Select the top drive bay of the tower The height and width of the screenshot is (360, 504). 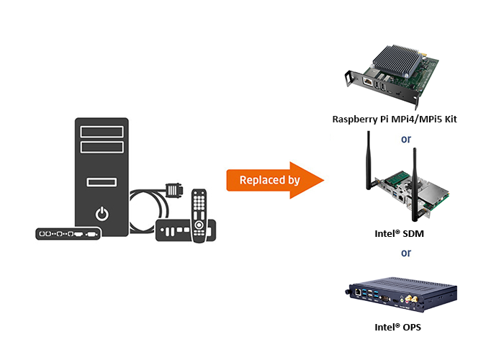click(x=102, y=132)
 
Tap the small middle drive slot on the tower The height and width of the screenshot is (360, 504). click(x=102, y=181)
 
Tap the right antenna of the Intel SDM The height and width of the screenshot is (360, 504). click(x=415, y=184)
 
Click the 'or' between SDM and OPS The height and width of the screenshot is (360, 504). click(x=406, y=253)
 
